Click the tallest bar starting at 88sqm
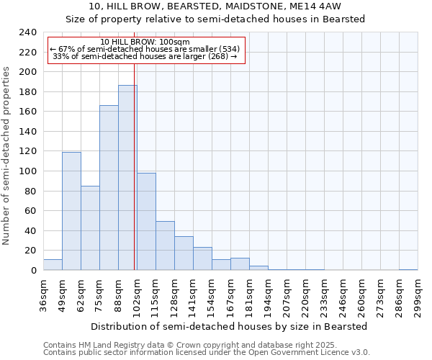[127, 178]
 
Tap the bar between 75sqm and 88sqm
[109, 188]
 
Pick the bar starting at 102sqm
[146, 222]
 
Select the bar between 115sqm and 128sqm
[165, 246]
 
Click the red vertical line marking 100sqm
[135, 180]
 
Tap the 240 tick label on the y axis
[28, 32]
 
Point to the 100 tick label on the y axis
[28, 171]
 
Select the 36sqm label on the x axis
[43, 294]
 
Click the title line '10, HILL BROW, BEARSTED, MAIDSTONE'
[216, 6]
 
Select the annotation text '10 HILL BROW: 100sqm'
[145, 42]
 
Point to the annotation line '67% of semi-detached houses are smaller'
[145, 49]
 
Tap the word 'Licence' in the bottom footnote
[338, 353]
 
